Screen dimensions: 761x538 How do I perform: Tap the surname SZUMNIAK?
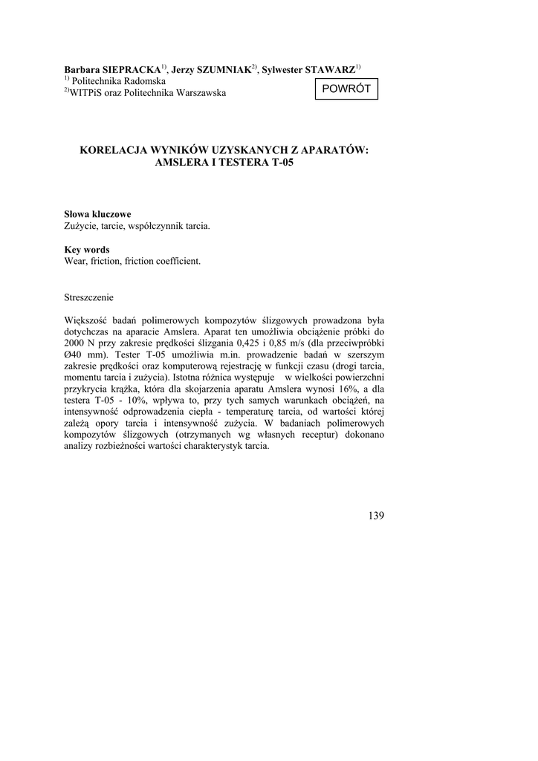pos(221,69)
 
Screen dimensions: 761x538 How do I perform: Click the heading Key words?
pos(87,250)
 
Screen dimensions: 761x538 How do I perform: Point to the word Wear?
pos(75,262)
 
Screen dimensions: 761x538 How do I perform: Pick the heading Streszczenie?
pos(89,297)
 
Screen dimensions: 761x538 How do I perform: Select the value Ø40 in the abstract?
pos(75,357)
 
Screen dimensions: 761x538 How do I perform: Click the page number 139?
pos(376,516)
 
